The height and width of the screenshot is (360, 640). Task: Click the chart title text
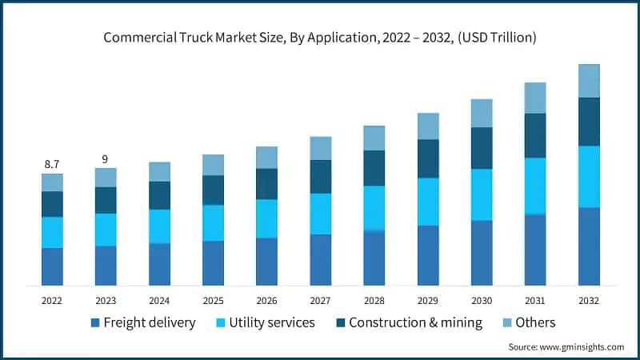coord(319,37)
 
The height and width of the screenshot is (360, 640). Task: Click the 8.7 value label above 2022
coord(52,164)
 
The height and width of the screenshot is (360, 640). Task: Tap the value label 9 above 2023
coord(106,158)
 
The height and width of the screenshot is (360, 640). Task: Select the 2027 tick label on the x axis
coord(320,300)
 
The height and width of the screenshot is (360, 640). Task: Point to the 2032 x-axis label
coord(589,300)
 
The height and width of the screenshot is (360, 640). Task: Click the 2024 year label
coord(159,300)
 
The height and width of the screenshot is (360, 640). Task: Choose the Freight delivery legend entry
coord(142,322)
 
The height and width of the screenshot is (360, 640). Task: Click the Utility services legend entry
coord(266,322)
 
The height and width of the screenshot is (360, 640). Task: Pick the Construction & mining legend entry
coord(408,322)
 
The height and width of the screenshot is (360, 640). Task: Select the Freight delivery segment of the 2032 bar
coord(589,246)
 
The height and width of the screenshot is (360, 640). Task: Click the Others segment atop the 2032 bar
coord(589,81)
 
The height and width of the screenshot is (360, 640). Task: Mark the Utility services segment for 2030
coord(482,194)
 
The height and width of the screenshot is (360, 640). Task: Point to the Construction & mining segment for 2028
coord(374,168)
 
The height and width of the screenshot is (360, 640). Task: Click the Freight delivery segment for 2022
coord(52,266)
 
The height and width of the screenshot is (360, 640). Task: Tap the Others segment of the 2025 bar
coord(213,165)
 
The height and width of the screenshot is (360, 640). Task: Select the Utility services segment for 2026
coord(266,218)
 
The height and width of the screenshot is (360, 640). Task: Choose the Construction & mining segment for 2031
coord(535,135)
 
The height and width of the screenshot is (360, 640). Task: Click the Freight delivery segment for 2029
coord(428,255)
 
